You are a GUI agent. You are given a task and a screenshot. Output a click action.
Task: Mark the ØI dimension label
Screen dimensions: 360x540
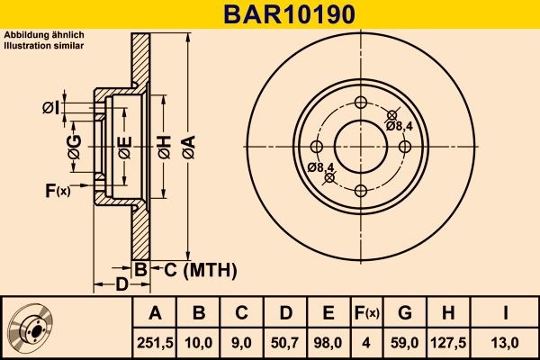pyautogui.click(x=51, y=109)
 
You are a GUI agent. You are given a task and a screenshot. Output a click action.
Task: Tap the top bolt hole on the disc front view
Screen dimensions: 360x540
pyautogui.click(x=361, y=102)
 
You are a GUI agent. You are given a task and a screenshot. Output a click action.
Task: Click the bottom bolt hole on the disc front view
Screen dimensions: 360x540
pyautogui.click(x=361, y=190)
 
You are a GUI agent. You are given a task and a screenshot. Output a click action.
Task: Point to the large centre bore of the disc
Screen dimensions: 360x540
pyautogui.click(x=361, y=146)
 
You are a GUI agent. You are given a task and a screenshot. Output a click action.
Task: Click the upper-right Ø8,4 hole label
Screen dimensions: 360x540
pyautogui.click(x=400, y=126)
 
